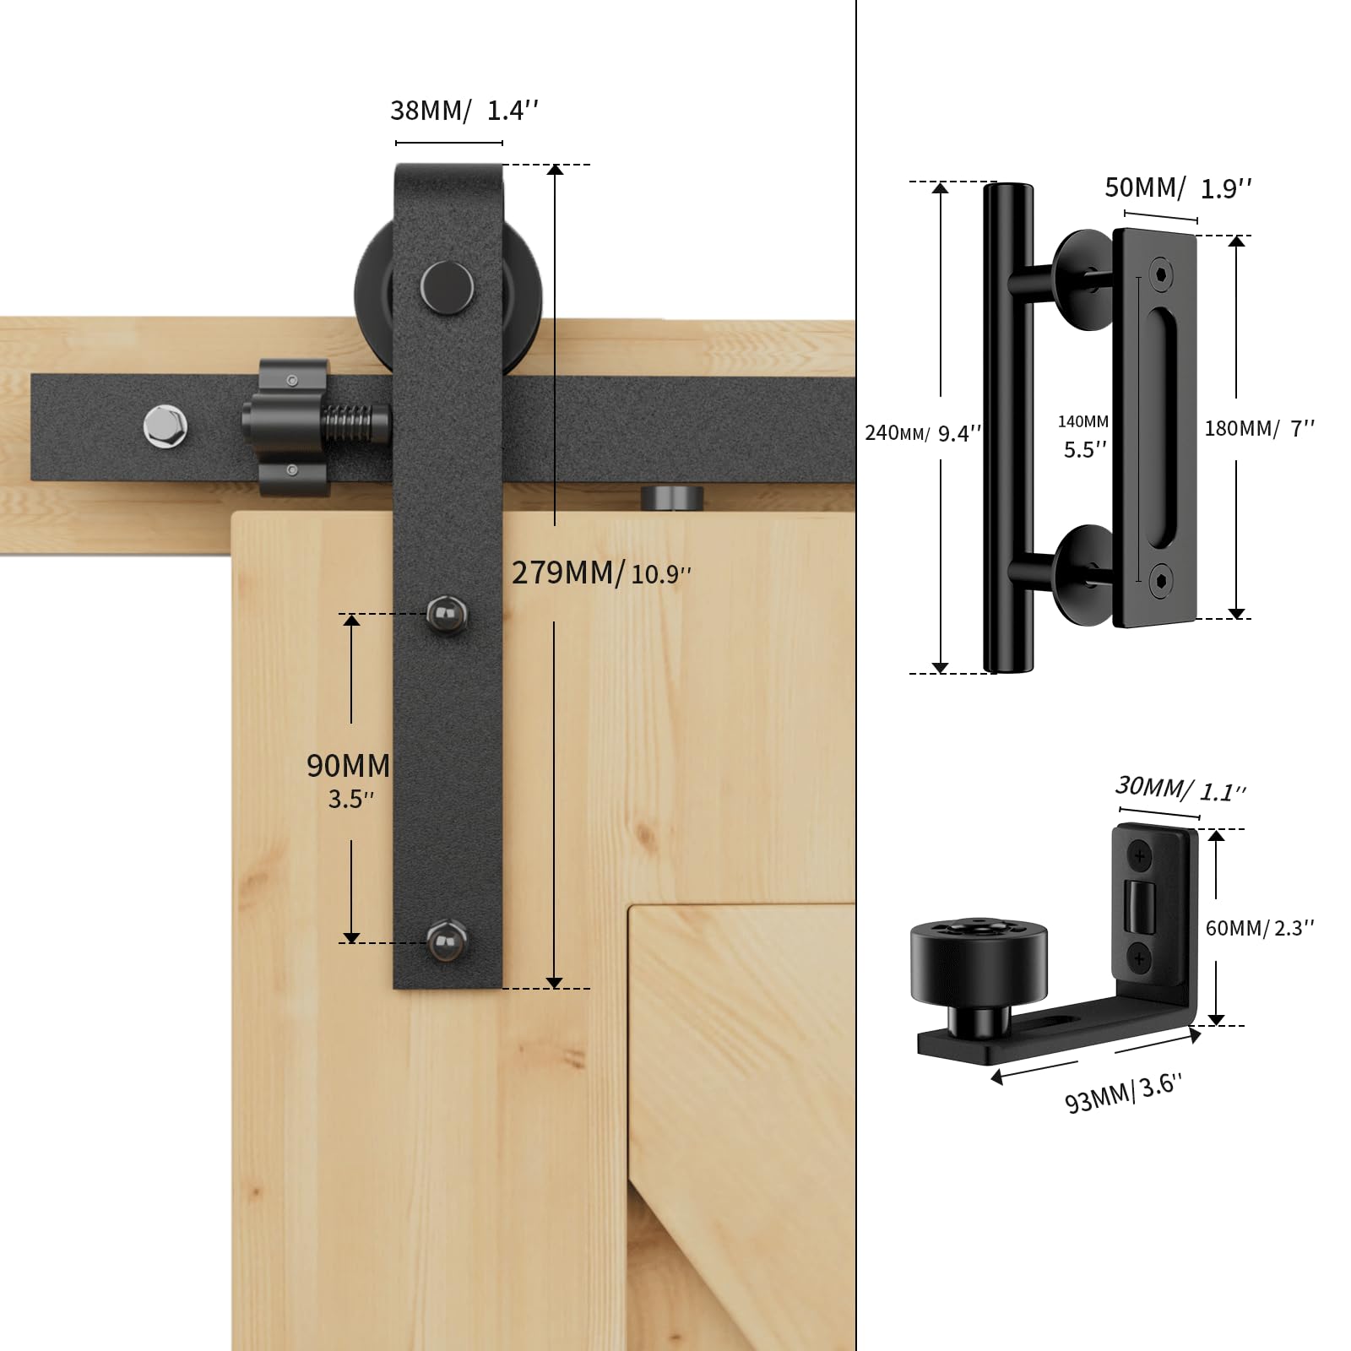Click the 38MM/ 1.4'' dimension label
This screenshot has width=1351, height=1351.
(464, 111)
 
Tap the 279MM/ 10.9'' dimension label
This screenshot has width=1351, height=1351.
(601, 573)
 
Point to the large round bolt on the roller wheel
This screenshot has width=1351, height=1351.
(448, 286)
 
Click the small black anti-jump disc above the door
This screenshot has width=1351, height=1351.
(672, 497)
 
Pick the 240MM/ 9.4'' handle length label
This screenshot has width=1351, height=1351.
(923, 433)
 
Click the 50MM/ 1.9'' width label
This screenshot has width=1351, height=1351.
(1177, 187)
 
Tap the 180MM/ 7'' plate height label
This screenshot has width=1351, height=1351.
(1259, 429)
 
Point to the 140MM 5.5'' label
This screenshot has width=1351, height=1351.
(1084, 437)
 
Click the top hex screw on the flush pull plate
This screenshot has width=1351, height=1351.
(1164, 274)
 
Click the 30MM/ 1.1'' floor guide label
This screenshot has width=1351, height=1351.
(1180, 789)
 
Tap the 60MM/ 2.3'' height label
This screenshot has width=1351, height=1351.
(1259, 928)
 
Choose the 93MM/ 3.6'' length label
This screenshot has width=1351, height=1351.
(1123, 1093)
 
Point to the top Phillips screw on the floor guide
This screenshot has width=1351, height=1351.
(1140, 857)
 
